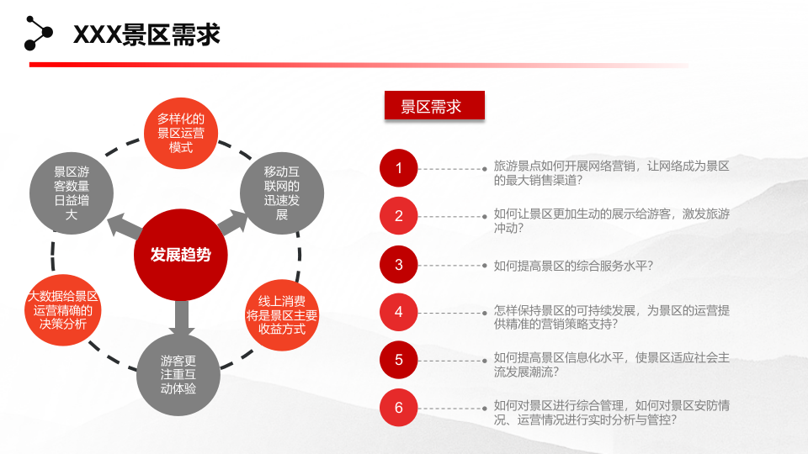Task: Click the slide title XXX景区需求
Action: coord(147,34)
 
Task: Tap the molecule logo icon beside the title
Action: coord(38,33)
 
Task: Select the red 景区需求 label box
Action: coord(434,106)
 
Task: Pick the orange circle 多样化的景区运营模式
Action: coord(181,134)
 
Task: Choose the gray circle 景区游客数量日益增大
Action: coord(72,192)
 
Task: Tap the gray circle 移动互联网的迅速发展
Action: coord(282,192)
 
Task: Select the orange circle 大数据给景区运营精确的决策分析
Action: coord(63,310)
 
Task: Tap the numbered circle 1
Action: coord(399,169)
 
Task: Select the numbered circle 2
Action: coord(399,216)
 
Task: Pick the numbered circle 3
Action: coord(399,264)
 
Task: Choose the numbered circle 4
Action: coord(399,312)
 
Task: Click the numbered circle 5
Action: coord(399,360)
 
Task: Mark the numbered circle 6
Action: coord(399,408)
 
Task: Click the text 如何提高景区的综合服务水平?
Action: coord(573,266)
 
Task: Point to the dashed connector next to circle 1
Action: coord(454,169)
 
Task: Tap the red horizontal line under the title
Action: coord(337,65)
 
